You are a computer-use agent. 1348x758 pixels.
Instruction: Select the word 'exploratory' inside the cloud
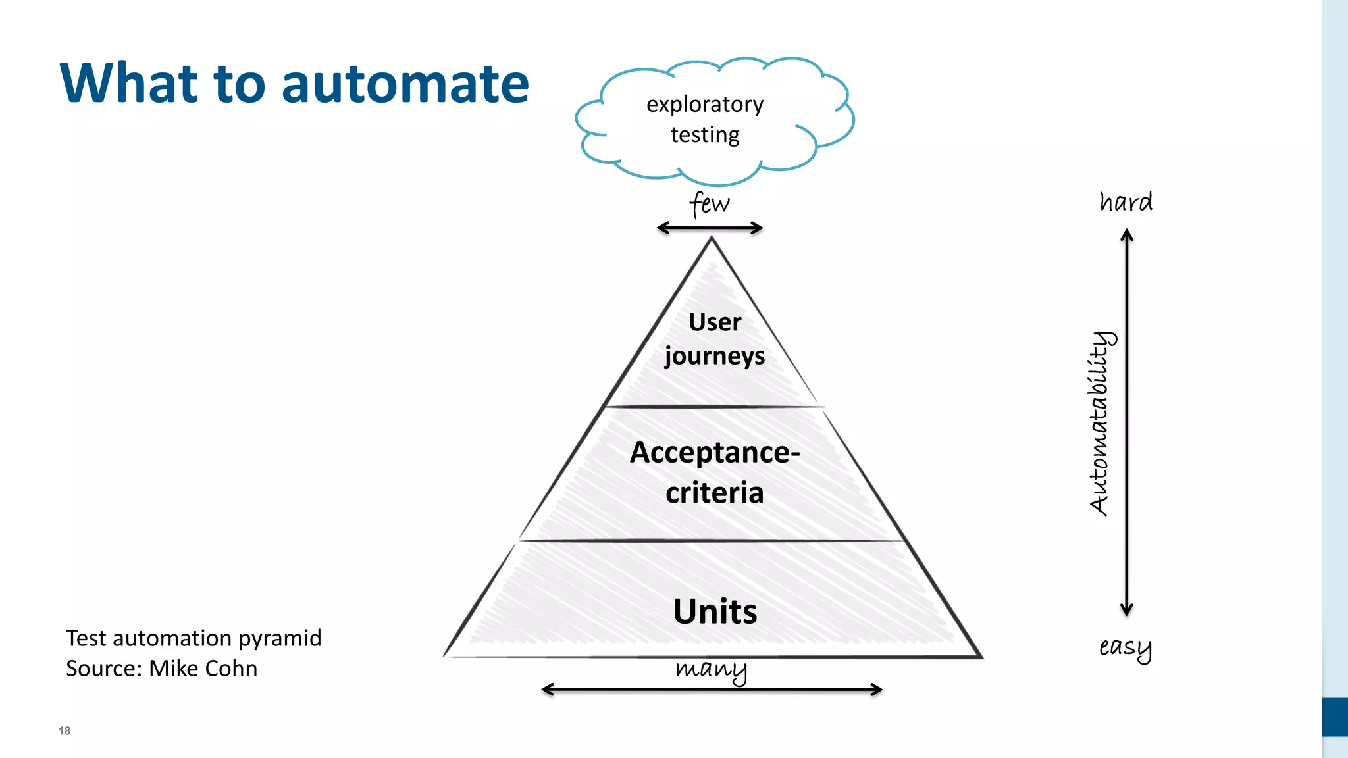click(705, 105)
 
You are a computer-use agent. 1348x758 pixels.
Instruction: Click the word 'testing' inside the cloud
click(705, 134)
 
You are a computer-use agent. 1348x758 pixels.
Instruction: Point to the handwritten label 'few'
click(710, 203)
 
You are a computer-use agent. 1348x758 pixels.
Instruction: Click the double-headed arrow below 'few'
click(710, 228)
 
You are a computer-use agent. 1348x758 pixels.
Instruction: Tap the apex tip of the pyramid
click(712, 241)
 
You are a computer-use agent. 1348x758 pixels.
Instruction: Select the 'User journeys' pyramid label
click(715, 338)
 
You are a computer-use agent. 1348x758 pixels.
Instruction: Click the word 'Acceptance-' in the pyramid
click(715, 452)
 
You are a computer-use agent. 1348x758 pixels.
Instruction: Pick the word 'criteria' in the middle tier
click(715, 493)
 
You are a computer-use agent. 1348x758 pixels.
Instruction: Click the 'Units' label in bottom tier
click(715, 611)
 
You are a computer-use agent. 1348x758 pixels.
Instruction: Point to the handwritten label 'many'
click(712, 669)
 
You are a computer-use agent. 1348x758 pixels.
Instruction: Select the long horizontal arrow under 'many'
click(712, 690)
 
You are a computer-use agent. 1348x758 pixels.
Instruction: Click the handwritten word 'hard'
click(1126, 201)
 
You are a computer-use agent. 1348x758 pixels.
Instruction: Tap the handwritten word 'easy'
click(1125, 647)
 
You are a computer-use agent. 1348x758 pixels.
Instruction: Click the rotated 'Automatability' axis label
click(1100, 422)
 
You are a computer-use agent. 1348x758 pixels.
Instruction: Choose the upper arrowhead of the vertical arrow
click(1127, 234)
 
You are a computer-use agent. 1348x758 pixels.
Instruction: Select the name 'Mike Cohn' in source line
click(203, 669)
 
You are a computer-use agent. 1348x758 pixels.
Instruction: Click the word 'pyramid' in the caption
click(280, 638)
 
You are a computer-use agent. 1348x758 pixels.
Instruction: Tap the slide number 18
click(65, 730)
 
